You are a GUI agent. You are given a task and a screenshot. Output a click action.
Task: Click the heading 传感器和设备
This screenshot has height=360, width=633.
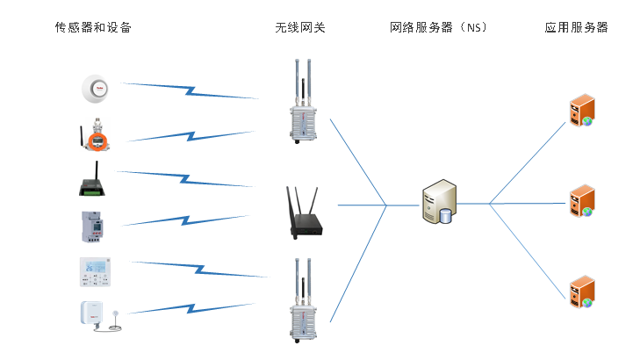click(93, 27)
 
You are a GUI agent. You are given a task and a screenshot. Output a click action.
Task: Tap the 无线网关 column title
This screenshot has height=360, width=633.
click(300, 27)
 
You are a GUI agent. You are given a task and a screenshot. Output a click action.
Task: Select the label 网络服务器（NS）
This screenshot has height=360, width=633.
click(438, 27)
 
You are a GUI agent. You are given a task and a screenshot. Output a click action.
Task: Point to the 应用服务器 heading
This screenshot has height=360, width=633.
click(576, 27)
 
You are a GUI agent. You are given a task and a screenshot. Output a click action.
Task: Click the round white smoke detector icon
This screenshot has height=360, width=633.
click(97, 89)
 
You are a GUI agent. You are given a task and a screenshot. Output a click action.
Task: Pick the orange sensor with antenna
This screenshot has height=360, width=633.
click(95, 134)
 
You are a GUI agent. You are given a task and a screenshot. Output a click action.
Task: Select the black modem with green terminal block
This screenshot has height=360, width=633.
click(92, 180)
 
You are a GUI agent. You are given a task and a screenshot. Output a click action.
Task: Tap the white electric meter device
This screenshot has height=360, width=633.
click(92, 226)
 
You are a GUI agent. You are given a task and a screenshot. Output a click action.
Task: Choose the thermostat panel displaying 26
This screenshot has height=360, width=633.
click(96, 271)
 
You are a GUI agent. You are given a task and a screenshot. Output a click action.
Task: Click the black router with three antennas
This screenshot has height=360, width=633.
click(302, 210)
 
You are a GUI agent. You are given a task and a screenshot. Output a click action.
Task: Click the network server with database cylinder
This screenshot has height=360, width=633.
click(439, 201)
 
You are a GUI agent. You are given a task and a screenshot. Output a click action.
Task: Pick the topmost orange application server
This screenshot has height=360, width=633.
click(581, 111)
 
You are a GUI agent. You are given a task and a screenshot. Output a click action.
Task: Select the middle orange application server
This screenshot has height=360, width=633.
click(581, 201)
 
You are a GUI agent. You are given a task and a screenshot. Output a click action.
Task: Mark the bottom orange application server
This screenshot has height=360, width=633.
click(581, 292)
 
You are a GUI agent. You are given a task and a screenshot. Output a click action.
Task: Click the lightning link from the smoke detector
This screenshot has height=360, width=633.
click(190, 90)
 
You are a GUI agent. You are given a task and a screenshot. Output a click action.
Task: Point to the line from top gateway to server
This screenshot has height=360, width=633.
click(357, 162)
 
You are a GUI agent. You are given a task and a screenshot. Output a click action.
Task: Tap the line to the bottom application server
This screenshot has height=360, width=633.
click(527, 250)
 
